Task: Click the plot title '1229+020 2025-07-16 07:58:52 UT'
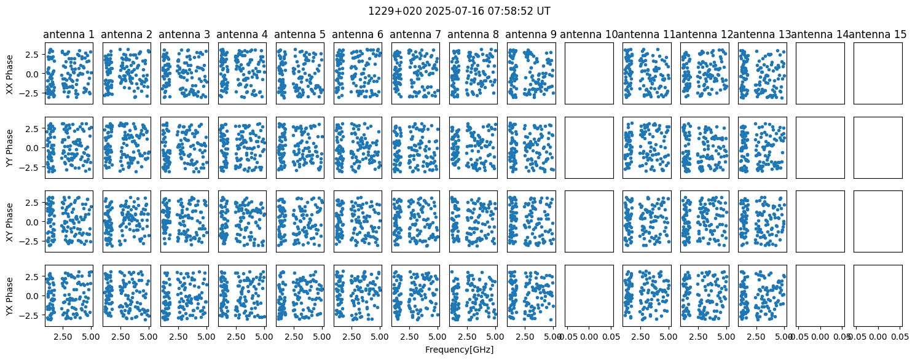tap(459, 11)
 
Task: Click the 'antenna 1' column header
tap(69, 34)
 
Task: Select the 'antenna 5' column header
tap(300, 34)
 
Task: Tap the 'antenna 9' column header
tap(531, 34)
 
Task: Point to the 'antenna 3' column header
tap(184, 34)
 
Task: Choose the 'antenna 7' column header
tap(415, 34)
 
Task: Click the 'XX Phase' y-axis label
tap(9, 74)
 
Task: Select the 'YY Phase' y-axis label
tap(9, 148)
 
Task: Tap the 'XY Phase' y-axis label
tap(9, 222)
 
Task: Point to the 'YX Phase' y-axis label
tap(9, 296)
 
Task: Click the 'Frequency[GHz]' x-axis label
tap(459, 350)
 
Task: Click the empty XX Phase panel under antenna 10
tap(589, 74)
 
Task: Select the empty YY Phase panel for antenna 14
tap(820, 148)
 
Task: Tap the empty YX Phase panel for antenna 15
tap(878, 295)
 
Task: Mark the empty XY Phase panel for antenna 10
tap(589, 222)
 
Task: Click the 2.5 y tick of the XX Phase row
tap(34, 55)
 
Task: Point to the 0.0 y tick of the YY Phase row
tap(34, 148)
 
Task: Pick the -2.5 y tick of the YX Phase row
tap(31, 316)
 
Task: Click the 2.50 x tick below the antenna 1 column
tap(63, 337)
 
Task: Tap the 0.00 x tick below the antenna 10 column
tap(589, 337)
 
